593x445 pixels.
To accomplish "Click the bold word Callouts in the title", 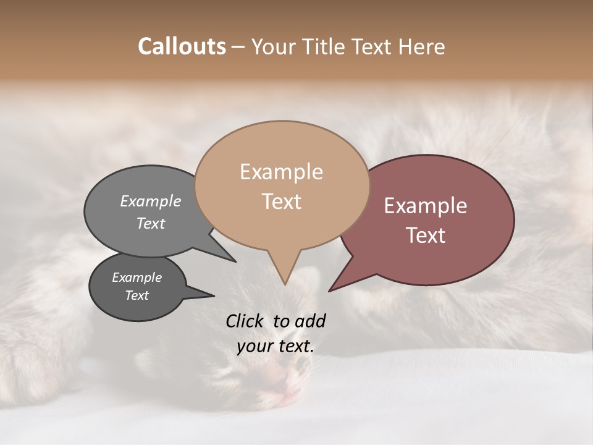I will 182,46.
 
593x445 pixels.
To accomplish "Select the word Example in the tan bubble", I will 281,172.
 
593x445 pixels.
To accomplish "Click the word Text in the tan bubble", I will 281,201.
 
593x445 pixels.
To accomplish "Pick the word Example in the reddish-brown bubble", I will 426,206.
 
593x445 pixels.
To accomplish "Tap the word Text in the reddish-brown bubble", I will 426,235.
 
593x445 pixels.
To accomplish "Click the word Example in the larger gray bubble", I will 151,201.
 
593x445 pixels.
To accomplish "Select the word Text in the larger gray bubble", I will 151,223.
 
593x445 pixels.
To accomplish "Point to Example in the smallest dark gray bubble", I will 137,278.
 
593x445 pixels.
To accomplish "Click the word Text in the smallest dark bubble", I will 137,295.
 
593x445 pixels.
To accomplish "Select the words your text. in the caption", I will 275,347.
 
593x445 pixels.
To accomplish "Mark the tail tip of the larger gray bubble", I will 235,261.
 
